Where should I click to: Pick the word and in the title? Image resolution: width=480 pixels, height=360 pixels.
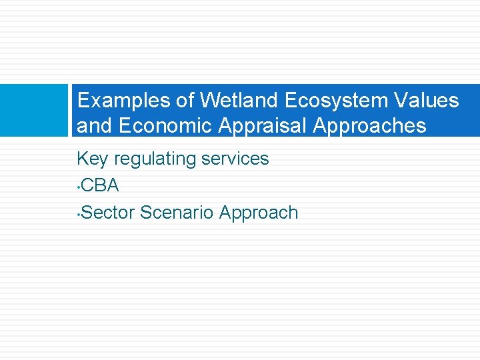point(93,126)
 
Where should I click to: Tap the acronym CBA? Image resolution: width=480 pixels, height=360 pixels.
point(101,186)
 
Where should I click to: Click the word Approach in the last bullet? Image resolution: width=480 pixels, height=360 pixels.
point(259,213)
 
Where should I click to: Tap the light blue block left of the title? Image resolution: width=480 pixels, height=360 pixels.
point(34,110)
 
